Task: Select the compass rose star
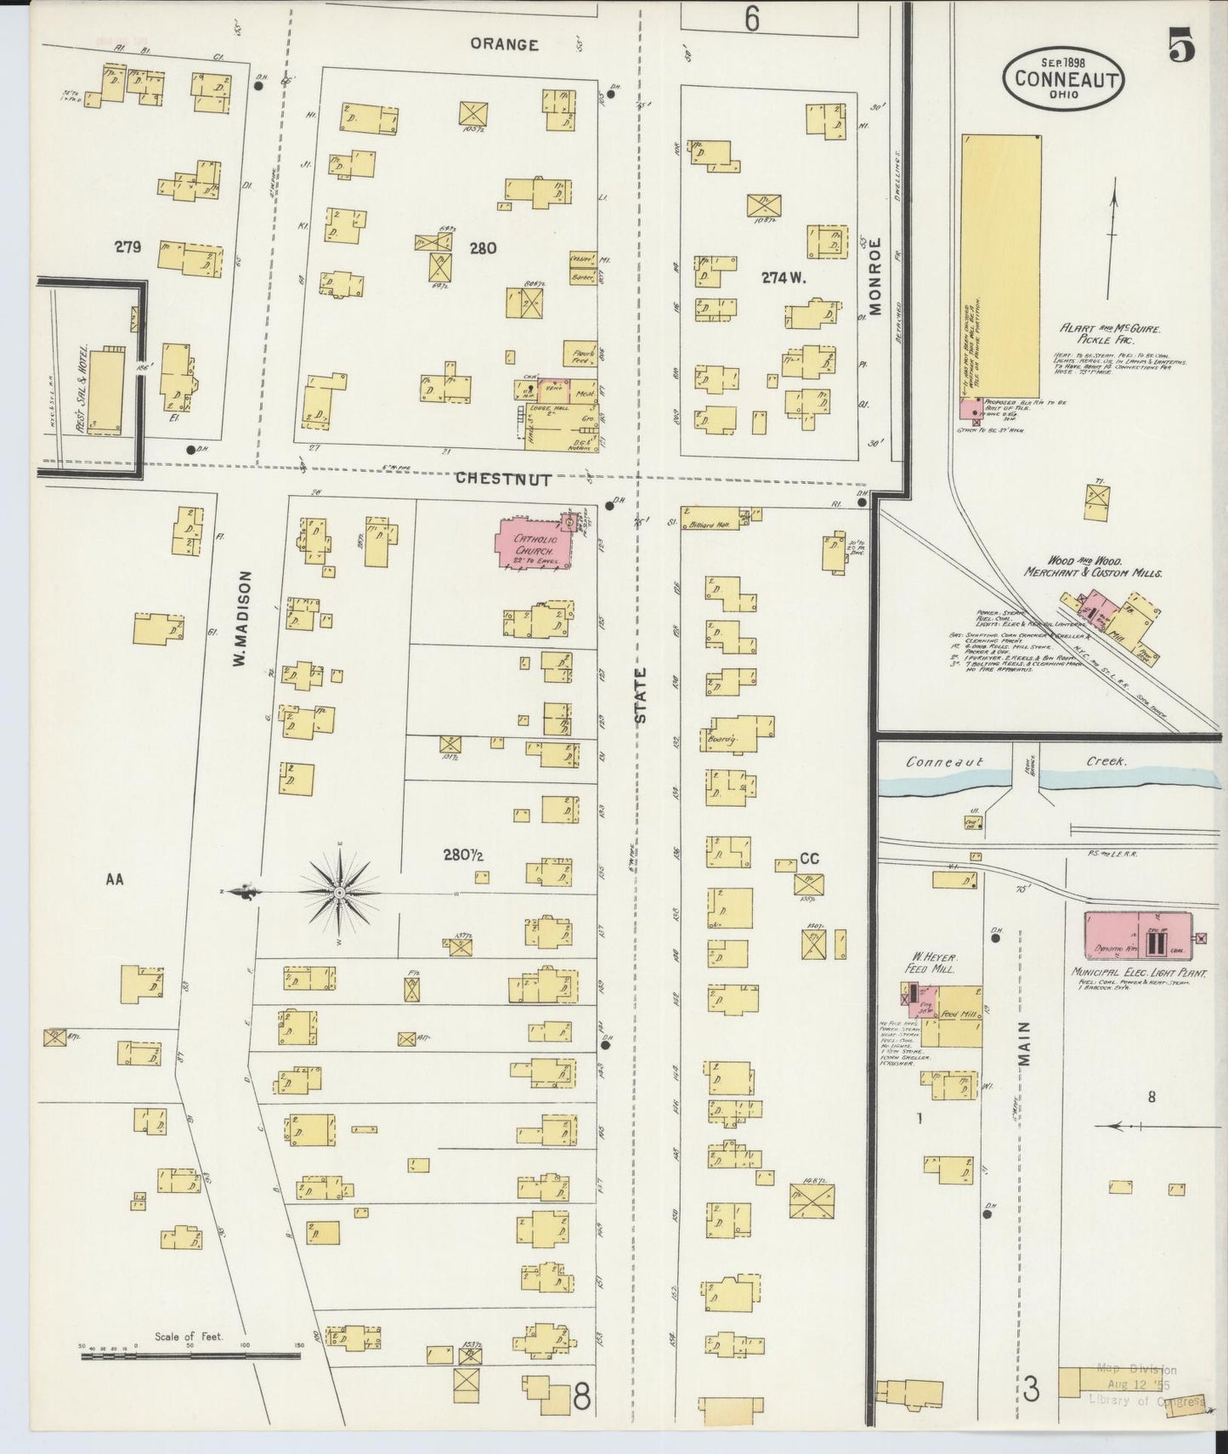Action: click(339, 892)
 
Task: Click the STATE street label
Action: click(642, 695)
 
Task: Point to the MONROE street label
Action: click(875, 275)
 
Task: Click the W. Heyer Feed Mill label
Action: click(930, 962)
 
